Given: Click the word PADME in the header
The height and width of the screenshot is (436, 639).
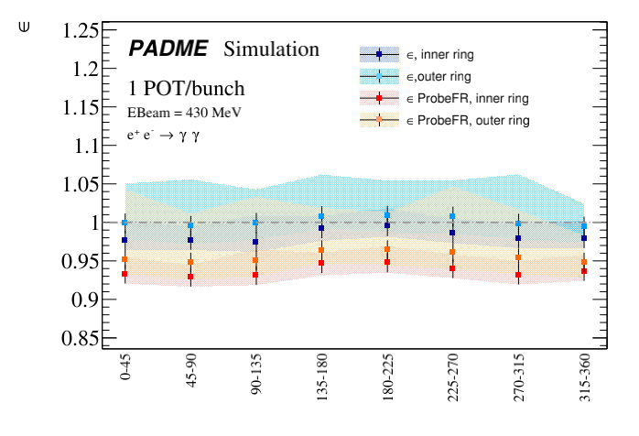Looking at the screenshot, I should click(168, 49).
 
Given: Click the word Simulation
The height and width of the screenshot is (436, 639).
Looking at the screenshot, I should click(271, 49).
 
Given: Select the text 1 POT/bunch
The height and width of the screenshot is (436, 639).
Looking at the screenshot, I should click(186, 90).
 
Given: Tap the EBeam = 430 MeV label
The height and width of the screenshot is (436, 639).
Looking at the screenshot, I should click(184, 113).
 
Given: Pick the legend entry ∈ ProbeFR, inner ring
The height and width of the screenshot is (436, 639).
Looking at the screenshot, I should click(457, 98).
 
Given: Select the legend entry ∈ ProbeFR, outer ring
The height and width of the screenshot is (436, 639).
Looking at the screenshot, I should click(457, 120).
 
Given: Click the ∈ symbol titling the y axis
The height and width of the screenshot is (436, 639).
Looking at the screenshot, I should click(25, 27).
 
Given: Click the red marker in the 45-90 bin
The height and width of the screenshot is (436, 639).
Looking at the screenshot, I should click(190, 277).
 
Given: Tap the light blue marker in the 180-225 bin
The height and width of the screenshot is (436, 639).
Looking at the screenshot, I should click(387, 215).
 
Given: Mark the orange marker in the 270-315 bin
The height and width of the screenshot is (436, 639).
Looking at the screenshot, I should click(518, 257).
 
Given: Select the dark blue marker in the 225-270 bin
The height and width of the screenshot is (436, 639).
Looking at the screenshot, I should click(452, 233).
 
